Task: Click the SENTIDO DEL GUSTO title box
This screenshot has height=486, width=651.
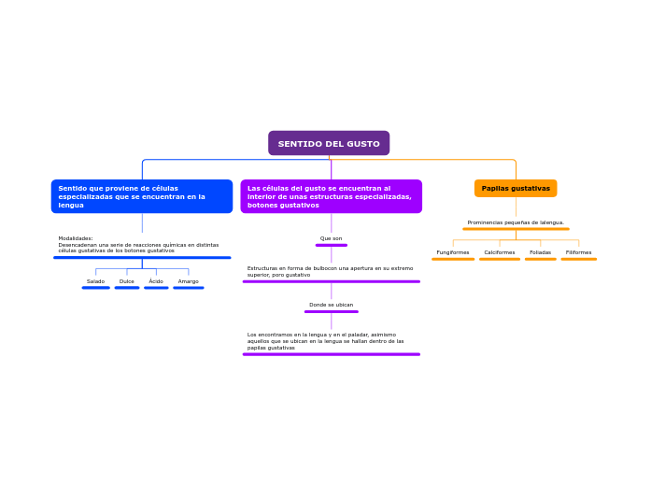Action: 329,143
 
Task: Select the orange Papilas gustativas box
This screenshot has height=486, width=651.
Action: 516,188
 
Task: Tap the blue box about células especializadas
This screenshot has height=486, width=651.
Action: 142,196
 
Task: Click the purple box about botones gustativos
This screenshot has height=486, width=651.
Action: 331,196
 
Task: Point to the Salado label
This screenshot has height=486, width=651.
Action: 95,281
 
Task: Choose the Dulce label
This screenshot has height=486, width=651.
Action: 127,281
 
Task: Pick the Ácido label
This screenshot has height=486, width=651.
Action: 156,281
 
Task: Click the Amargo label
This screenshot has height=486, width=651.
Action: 188,281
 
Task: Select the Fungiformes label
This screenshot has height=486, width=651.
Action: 453,252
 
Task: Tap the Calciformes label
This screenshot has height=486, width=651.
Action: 500,252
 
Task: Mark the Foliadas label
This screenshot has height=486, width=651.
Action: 540,252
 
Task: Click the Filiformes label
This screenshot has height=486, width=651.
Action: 578,252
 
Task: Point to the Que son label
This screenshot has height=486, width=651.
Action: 331,238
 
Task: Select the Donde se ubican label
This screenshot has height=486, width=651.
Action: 331,305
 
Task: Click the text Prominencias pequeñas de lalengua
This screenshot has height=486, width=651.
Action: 516,222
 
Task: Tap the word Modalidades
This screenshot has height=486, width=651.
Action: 76,238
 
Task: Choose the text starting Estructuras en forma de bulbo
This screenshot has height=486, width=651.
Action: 330,271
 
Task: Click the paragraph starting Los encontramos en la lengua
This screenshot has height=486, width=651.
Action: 326,341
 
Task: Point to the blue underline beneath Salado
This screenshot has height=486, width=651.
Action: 95,288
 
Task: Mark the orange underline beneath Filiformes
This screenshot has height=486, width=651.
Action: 578,259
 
